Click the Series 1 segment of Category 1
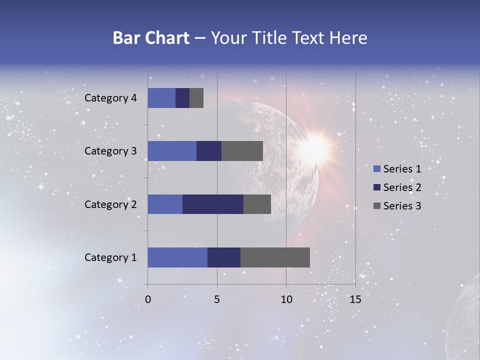177,257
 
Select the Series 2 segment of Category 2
213,204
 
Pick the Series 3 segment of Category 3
242,151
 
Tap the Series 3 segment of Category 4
196,98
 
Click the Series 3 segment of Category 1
275,257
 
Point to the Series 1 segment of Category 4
161,98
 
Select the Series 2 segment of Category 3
209,151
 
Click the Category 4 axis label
110,98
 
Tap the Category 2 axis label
110,204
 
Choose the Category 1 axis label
110,257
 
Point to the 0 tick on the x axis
147,299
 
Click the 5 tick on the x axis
217,299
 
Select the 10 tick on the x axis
286,299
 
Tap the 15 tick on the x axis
355,299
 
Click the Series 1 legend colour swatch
376,169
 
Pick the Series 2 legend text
402,187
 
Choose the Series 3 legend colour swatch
376,206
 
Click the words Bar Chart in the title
150,38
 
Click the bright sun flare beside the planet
315,146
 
